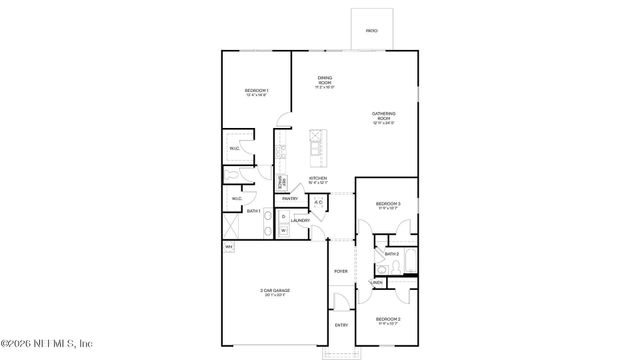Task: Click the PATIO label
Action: pos(371,31)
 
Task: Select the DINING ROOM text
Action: pos(325,79)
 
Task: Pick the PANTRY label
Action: pos(290,199)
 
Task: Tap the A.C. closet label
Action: pos(317,204)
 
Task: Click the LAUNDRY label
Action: pos(300,220)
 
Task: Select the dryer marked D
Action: pos(283,216)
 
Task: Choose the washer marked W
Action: pos(283,231)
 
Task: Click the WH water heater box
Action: pos(229,247)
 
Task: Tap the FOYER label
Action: pos(341,271)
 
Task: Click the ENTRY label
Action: pos(341,325)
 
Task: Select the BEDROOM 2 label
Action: pos(388,319)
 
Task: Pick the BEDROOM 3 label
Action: pos(388,204)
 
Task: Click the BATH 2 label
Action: pos(391,255)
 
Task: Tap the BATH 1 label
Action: pos(254,211)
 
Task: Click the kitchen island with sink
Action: pos(318,148)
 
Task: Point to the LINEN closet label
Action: pos(377,283)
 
